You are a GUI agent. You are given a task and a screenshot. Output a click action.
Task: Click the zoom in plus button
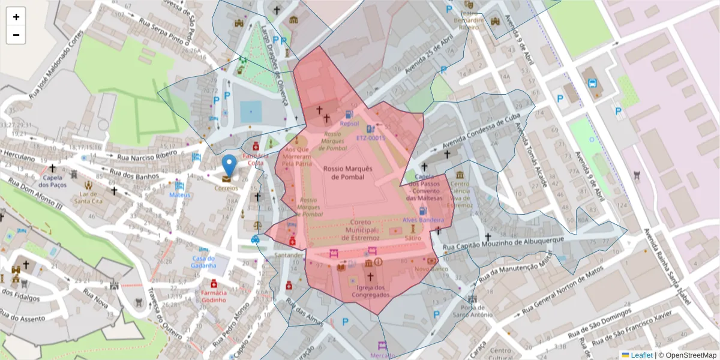tap(16, 17)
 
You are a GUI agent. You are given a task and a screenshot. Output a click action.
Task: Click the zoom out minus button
tap(16, 35)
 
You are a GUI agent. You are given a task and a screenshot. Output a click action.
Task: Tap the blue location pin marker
tap(229, 165)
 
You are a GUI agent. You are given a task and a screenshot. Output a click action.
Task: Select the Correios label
tap(227, 188)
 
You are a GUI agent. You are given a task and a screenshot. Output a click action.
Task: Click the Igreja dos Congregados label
tap(370, 291)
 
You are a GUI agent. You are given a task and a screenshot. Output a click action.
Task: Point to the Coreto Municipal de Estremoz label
tap(360, 230)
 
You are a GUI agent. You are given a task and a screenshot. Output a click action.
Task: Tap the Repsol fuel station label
tap(349, 124)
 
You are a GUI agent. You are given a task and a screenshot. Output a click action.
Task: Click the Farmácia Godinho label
tap(214, 296)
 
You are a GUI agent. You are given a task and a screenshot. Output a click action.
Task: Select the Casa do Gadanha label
tap(203, 262)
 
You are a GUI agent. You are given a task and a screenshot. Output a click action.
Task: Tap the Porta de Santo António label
tap(472, 310)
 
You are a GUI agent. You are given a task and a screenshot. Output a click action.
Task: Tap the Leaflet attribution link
tap(641, 355)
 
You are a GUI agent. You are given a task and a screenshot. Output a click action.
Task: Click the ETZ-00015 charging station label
tap(370, 137)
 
